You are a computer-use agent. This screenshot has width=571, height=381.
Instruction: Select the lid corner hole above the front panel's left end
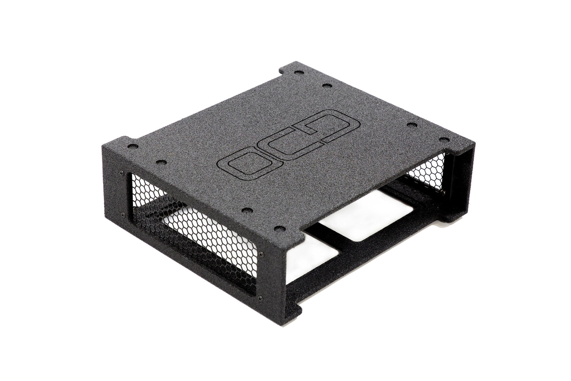click(133, 147)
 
